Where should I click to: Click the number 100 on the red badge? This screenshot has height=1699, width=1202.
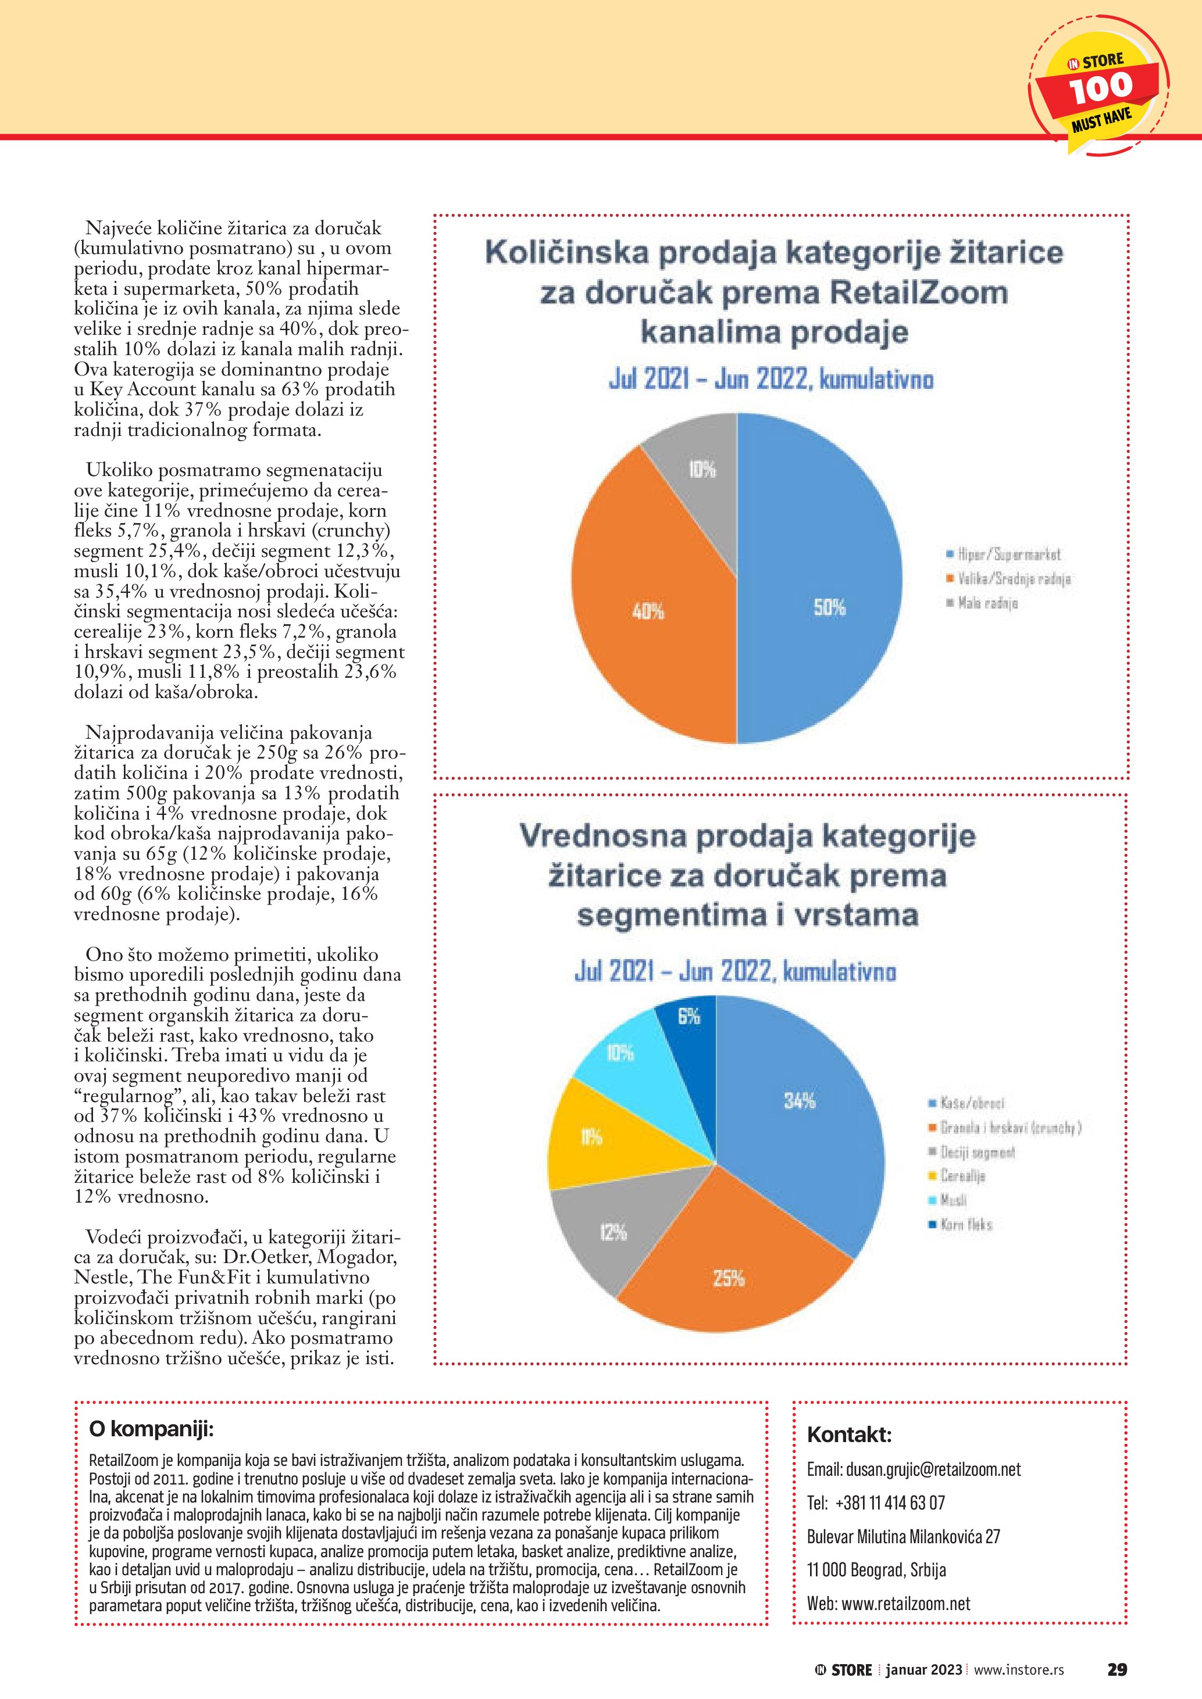(x=1101, y=88)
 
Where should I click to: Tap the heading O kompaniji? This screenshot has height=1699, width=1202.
(x=151, y=1429)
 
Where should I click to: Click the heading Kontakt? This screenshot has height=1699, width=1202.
(x=849, y=1435)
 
